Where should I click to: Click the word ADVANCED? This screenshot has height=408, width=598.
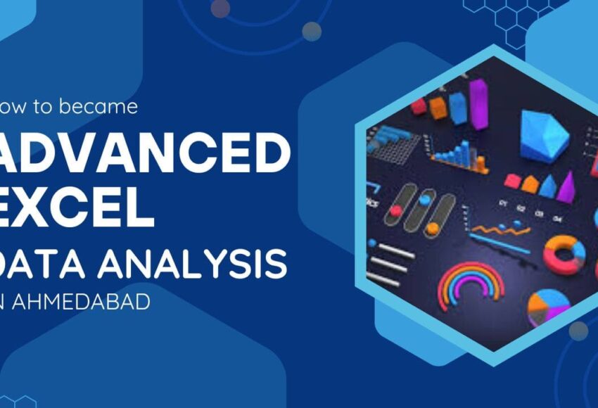144,153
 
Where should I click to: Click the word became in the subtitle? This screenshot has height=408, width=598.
105,107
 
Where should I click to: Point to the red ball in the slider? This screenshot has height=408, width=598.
396,210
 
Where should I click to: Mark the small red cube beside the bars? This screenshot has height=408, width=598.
419,106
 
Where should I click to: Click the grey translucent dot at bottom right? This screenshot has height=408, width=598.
578,331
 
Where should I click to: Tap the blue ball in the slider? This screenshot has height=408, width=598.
425,199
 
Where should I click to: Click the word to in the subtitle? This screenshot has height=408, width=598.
46,107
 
